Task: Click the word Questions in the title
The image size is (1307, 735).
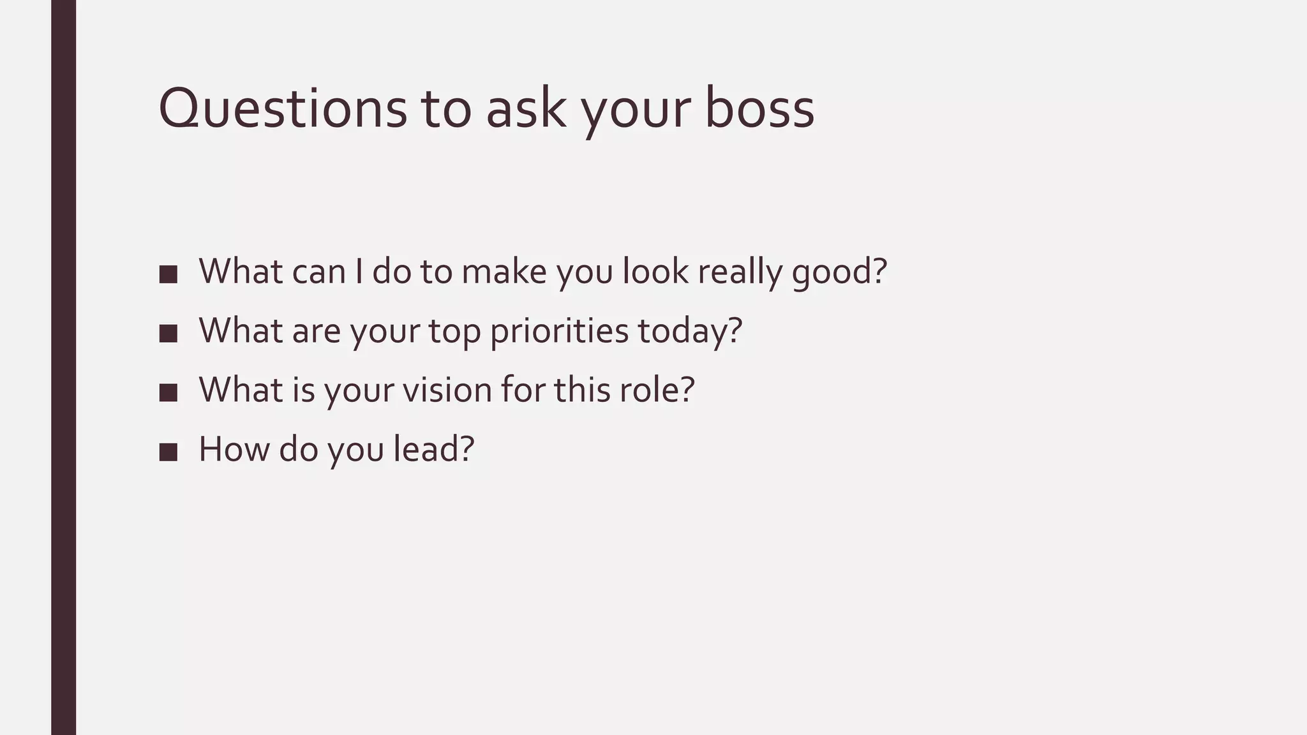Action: click(282, 108)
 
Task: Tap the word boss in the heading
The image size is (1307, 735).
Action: click(759, 108)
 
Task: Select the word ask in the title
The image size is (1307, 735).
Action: click(526, 108)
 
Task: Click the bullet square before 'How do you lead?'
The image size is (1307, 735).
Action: click(168, 452)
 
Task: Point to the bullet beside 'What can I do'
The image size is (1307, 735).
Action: click(168, 274)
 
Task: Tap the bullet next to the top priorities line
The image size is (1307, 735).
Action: click(168, 333)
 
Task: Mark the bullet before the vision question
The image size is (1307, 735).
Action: click(168, 392)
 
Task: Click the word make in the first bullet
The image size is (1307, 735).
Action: click(504, 272)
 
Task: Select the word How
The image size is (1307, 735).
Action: click(234, 449)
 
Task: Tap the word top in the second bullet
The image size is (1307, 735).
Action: click(454, 331)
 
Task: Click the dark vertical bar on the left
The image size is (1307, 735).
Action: click(63, 367)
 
